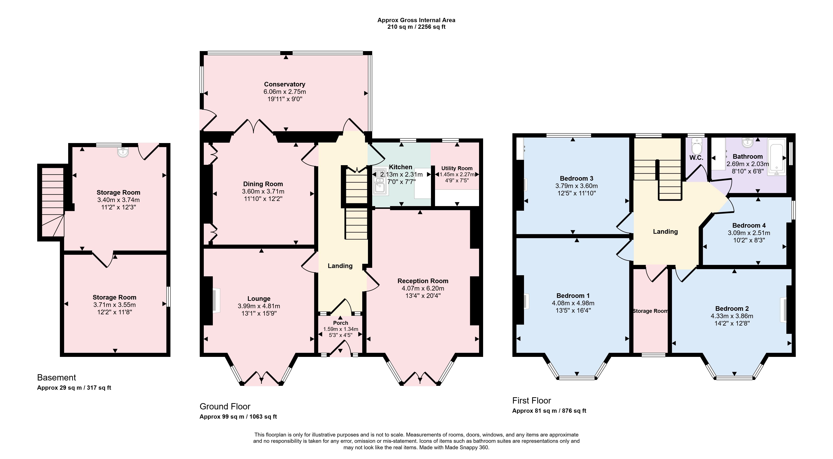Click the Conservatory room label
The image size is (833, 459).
[284, 84]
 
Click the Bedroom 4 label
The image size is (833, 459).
[749, 225]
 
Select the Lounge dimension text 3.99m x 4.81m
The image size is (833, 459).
[259, 306]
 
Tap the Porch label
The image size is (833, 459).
[340, 323]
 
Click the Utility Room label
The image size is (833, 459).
[457, 168]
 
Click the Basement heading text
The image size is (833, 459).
[57, 378]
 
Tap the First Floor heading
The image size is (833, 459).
[532, 400]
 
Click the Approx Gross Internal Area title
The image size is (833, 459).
[416, 20]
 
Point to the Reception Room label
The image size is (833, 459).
[423, 281]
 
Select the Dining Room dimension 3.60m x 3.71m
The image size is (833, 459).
[263, 192]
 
